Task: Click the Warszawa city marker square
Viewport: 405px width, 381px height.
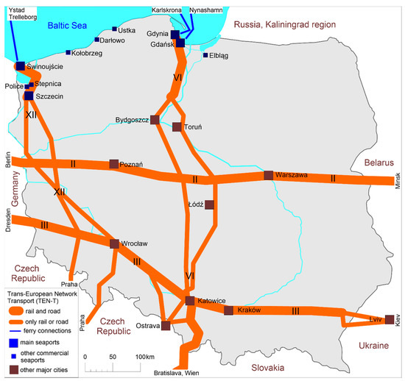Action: pyautogui.click(x=269, y=175)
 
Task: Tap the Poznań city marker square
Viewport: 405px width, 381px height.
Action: pyautogui.click(x=113, y=164)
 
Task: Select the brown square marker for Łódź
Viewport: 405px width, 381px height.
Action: pyautogui.click(x=209, y=205)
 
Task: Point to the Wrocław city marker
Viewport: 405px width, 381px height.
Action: pyautogui.click(x=114, y=243)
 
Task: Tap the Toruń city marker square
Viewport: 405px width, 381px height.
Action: pyautogui.click(x=177, y=127)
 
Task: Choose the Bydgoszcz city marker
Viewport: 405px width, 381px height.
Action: pyautogui.click(x=155, y=119)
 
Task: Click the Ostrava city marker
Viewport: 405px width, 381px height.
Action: pyautogui.click(x=166, y=326)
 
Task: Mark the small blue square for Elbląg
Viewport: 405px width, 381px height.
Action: pyautogui.click(x=205, y=55)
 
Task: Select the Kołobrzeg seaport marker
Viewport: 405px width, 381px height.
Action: pyautogui.click(x=68, y=52)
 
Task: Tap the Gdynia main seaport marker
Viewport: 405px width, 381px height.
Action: pyautogui.click(x=175, y=35)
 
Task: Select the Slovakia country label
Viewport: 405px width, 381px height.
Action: pyautogui.click(x=270, y=366)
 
